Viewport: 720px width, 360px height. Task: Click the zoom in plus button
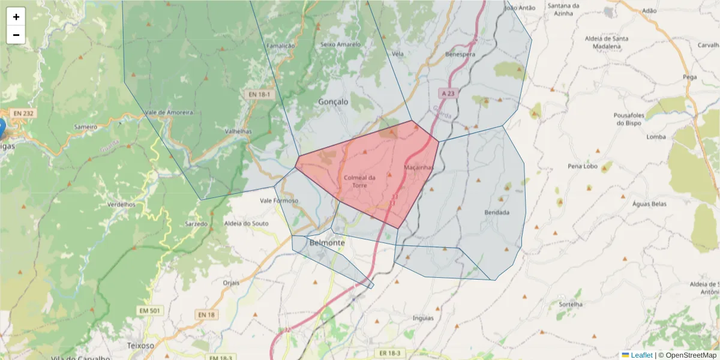pyautogui.click(x=16, y=17)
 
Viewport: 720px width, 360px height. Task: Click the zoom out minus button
pyautogui.click(x=16, y=35)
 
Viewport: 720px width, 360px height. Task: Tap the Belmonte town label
pyautogui.click(x=328, y=243)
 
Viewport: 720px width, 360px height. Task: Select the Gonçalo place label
pyautogui.click(x=333, y=102)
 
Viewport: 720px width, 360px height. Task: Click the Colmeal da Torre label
pyautogui.click(x=359, y=181)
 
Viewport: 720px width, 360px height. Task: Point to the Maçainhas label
pyautogui.click(x=419, y=167)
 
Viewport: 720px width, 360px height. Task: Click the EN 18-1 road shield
pyautogui.click(x=260, y=94)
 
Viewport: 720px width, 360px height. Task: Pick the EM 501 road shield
pyautogui.click(x=150, y=310)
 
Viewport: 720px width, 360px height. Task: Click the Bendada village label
pyautogui.click(x=497, y=212)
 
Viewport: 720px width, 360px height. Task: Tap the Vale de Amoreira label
pyautogui.click(x=169, y=112)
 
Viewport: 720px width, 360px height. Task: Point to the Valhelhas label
pyautogui.click(x=238, y=131)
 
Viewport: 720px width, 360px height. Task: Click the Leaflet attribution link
pyautogui.click(x=641, y=355)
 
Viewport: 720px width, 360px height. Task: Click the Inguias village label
pyautogui.click(x=424, y=318)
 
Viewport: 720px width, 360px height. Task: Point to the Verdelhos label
pyautogui.click(x=121, y=204)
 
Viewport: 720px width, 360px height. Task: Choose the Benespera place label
pyautogui.click(x=460, y=54)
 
